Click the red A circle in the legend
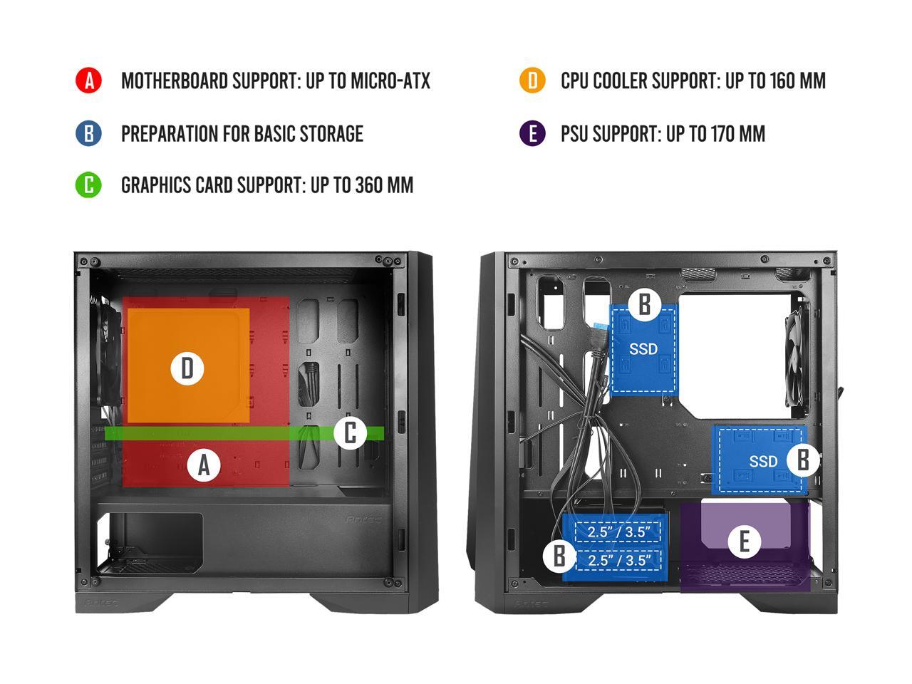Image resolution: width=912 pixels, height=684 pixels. [x=89, y=81]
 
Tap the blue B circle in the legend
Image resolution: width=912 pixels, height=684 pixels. [x=89, y=133]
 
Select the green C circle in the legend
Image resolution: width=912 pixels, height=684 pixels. [x=89, y=185]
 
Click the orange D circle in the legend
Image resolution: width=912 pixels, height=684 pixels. [x=532, y=81]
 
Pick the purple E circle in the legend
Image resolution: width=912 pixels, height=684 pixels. [x=532, y=133]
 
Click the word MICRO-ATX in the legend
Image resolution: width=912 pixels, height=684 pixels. [x=390, y=81]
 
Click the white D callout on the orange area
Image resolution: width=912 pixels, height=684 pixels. [x=187, y=368]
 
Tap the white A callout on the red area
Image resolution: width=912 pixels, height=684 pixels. [x=204, y=465]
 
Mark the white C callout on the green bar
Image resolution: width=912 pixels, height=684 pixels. [x=350, y=432]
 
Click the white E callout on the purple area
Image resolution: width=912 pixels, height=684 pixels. [x=745, y=541]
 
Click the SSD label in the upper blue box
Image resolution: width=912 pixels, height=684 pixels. [x=643, y=350]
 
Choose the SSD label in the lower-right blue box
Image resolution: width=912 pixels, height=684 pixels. [x=763, y=462]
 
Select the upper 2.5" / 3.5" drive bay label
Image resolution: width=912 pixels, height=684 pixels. [x=619, y=532]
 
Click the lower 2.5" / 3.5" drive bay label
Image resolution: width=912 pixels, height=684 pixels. [x=619, y=560]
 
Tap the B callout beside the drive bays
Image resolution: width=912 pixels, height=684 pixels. [x=559, y=556]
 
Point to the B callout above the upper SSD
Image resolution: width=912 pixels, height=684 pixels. [x=644, y=304]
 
